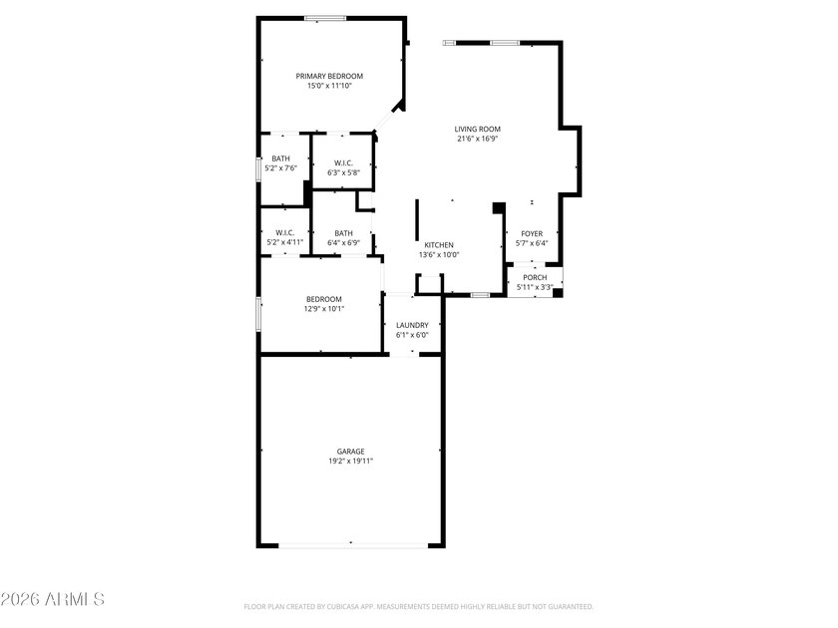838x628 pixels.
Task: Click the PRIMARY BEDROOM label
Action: click(329, 76)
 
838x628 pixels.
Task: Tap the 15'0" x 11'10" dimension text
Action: click(329, 87)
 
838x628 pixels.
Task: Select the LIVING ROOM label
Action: click(477, 129)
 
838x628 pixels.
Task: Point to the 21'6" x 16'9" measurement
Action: click(477, 140)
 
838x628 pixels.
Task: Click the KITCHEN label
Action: click(439, 244)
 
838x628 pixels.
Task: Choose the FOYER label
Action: click(532, 233)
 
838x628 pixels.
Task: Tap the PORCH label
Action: click(535, 277)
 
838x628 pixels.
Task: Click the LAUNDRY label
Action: click(412, 325)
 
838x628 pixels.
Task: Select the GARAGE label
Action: click(350, 452)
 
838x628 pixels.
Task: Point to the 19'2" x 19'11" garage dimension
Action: click(350, 462)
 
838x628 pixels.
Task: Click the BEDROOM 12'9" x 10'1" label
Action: click(324, 299)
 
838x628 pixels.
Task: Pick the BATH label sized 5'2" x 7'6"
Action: click(281, 158)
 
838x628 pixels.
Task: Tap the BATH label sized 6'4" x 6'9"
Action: click(343, 233)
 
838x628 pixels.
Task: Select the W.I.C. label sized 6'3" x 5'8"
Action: click(343, 162)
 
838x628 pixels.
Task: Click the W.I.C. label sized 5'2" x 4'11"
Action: click(284, 232)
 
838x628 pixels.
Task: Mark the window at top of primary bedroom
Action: click(325, 18)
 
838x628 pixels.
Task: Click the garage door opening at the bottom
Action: click(351, 545)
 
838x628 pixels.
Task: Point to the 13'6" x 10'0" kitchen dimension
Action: click(439, 255)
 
